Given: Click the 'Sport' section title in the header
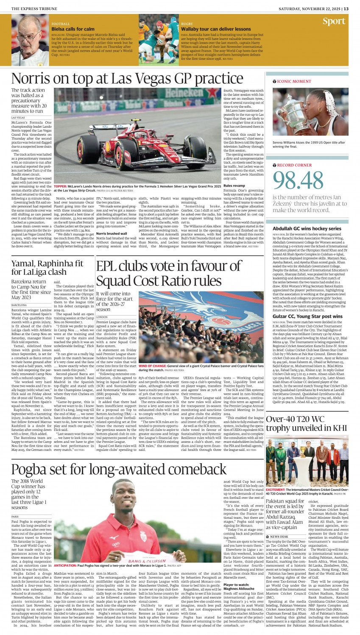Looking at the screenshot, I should (x=334, y=22).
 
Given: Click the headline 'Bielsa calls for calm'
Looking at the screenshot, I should (x=73, y=29).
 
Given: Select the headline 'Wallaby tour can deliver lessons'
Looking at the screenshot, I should (x=216, y=29).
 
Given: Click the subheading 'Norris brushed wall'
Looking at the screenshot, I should (x=111, y=233).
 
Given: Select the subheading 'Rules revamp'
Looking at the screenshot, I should (x=234, y=186).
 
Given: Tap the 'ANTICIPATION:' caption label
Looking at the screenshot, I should (x=66, y=565).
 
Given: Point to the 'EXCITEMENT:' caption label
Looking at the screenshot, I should (x=278, y=490).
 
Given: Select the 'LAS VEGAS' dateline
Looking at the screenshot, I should (x=18, y=117).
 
